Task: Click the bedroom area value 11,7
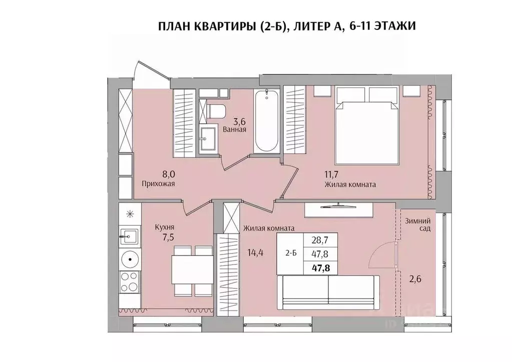(x=331, y=174)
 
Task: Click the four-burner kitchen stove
(x=130, y=282)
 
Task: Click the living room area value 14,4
(x=255, y=252)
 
